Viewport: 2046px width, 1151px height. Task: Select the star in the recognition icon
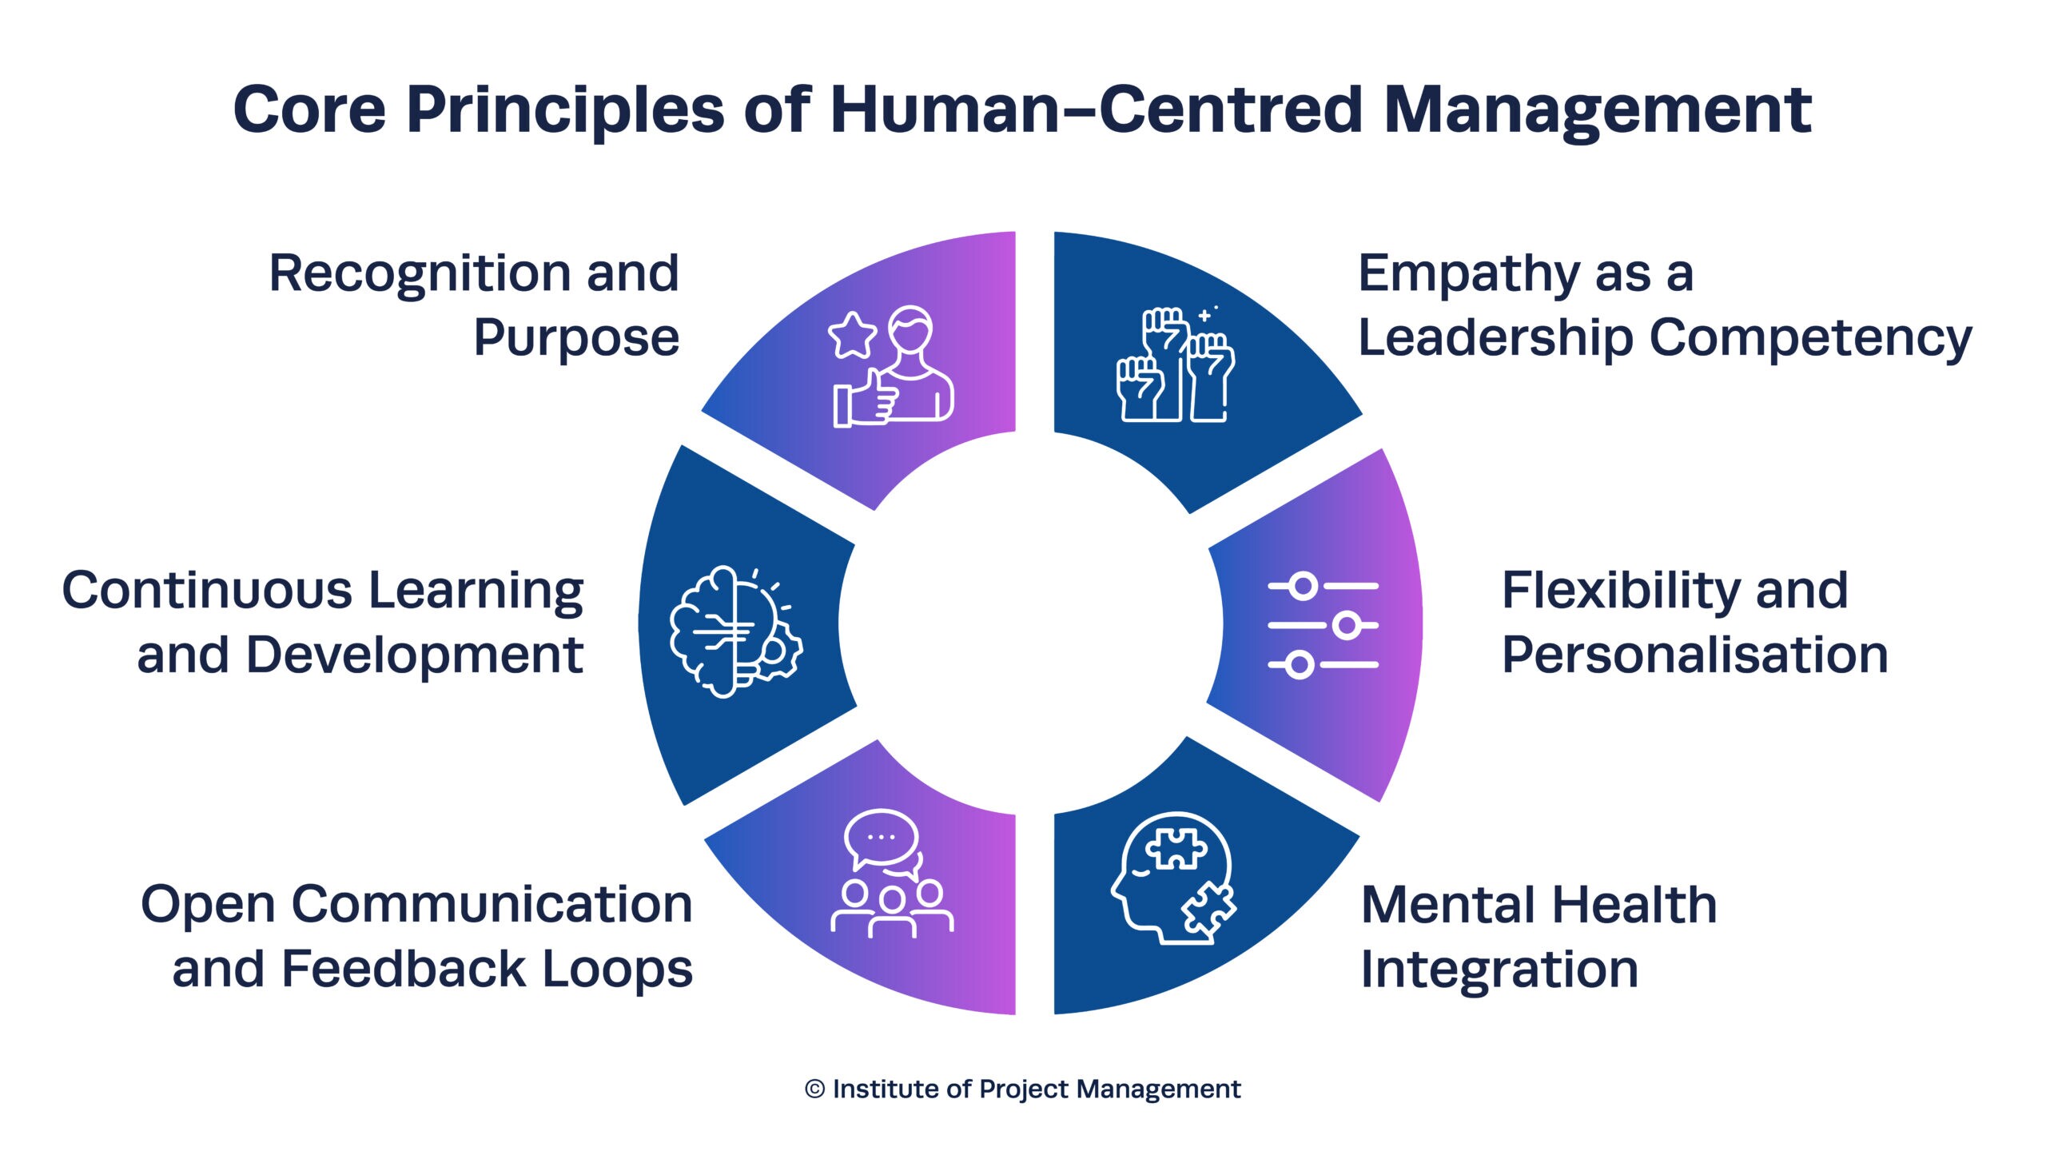pyautogui.click(x=852, y=336)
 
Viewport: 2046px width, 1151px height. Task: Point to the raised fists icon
pyautogui.click(x=1175, y=364)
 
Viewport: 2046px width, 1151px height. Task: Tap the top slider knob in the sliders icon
pyautogui.click(x=1304, y=586)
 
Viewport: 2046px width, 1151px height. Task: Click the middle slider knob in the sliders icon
pyautogui.click(x=1347, y=625)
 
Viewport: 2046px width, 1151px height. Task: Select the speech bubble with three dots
pyautogui.click(x=881, y=838)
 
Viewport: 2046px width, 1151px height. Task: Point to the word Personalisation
pyautogui.click(x=1694, y=655)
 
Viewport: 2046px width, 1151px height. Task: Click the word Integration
pyautogui.click(x=1499, y=971)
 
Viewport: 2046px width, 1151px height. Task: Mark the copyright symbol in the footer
pyautogui.click(x=814, y=1089)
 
